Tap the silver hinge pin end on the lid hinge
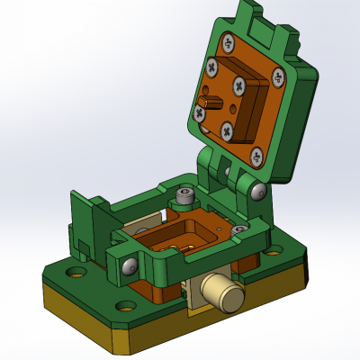pos(259,192)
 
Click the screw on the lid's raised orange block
pos(239,86)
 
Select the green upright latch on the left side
pos(88,220)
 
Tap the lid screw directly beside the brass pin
pos(199,112)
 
